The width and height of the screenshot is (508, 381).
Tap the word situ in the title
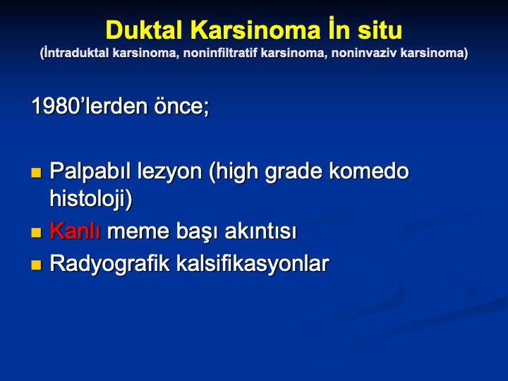380,30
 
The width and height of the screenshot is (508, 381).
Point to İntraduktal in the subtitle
76,53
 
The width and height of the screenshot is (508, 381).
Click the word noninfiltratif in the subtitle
221,53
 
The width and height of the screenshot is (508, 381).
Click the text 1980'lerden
90,106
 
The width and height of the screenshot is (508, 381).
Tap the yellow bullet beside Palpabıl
36,173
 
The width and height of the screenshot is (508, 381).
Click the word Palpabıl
90,171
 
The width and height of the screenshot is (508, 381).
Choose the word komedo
369,171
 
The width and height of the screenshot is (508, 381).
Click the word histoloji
88,198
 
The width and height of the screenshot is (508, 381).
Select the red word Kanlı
75,231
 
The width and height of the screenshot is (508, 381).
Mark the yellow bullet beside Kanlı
36,233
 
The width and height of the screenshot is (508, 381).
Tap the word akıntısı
260,231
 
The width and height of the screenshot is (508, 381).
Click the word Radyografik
110,264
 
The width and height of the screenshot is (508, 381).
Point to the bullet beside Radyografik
36,265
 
